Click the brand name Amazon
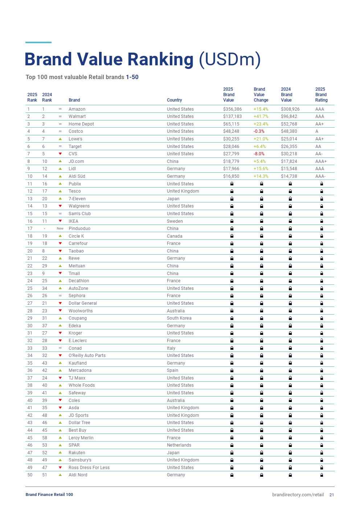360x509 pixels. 77,109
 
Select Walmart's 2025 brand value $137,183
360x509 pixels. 232,116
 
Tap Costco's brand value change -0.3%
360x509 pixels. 259,131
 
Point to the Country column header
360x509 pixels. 174,100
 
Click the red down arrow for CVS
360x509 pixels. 60,154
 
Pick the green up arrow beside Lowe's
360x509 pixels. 60,139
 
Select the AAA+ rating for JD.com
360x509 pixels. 321,161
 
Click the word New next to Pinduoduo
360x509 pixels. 60,229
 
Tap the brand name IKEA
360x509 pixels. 73,221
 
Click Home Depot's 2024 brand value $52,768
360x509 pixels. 289,124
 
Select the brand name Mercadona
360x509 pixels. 80,370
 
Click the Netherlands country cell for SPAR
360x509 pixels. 179,445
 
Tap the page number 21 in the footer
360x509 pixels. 332,495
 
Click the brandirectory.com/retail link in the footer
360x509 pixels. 298,495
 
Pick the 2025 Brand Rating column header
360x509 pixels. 321,95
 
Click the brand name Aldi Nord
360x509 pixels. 78,475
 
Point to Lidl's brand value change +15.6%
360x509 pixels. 261,169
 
